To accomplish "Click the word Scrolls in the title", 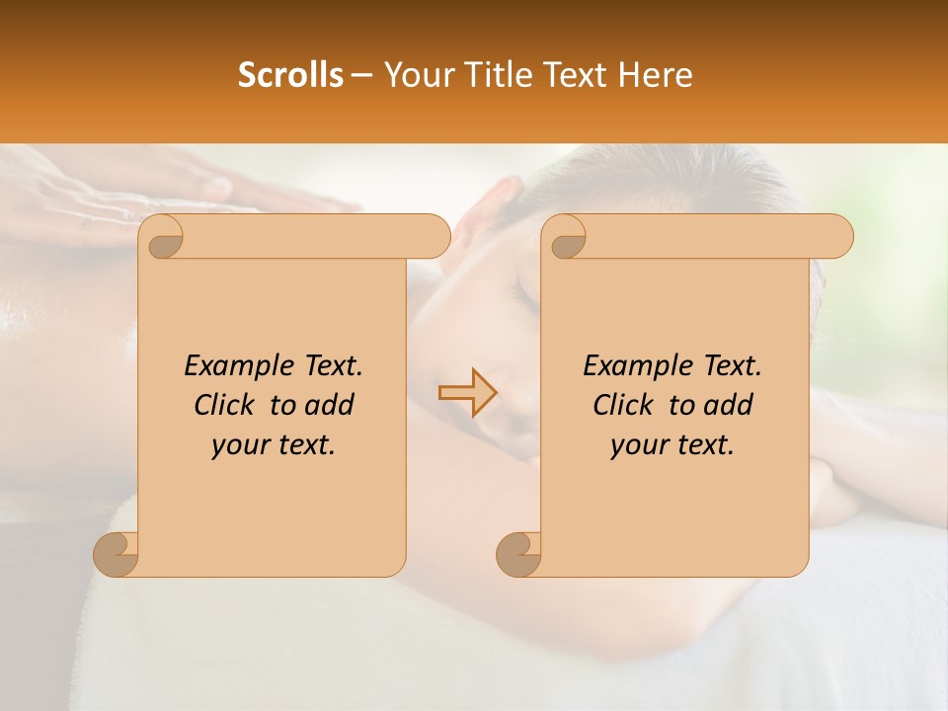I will pos(290,75).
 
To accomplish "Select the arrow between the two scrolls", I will pos(466,392).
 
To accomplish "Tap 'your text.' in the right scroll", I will pos(672,445).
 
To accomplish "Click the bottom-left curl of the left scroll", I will pos(117,555).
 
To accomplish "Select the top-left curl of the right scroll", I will pos(565,238).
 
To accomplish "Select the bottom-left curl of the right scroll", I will pos(519,555).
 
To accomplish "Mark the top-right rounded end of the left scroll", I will pos(434,237).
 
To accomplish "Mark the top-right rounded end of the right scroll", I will pos(837,237).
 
